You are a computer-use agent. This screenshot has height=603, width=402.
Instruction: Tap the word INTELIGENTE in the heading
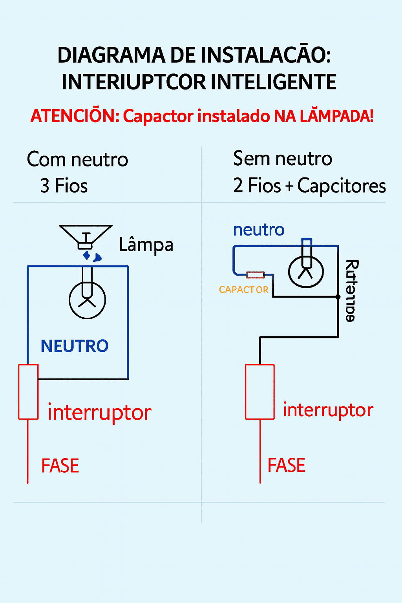(273, 82)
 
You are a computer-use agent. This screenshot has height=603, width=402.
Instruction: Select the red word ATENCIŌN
(75, 116)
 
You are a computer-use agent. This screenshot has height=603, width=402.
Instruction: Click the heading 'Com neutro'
(78, 160)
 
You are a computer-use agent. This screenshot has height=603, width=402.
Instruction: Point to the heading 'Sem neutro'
(283, 159)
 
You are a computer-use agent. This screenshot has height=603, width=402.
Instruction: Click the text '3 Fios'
(64, 186)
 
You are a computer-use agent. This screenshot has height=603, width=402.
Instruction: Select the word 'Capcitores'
(342, 186)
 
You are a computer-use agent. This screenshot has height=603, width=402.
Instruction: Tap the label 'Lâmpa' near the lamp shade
(146, 245)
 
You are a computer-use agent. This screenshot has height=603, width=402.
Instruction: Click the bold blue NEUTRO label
(75, 346)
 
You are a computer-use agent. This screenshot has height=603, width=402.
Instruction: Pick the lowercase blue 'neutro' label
(259, 230)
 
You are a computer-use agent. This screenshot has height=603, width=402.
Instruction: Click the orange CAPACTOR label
(243, 290)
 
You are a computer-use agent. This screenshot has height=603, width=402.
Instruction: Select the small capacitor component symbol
(255, 275)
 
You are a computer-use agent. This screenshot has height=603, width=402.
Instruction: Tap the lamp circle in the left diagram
(87, 300)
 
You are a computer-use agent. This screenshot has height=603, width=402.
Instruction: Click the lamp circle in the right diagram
(306, 271)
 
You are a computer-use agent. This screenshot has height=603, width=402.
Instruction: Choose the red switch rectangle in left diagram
(28, 392)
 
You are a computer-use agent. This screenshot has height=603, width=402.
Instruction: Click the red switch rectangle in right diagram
(259, 392)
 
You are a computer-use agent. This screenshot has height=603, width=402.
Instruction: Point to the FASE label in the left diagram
(60, 466)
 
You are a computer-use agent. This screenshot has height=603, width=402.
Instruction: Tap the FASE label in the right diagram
(286, 466)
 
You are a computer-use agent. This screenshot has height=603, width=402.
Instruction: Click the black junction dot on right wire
(338, 297)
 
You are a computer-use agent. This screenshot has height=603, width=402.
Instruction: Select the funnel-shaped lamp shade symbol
(86, 236)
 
